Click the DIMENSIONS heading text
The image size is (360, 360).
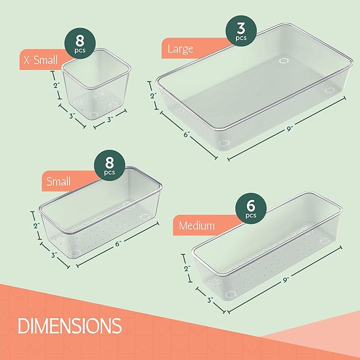[x=69, y=325]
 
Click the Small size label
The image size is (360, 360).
[x=58, y=182]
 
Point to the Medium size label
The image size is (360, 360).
[x=197, y=226]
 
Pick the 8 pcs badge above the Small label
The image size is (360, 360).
[x=109, y=166]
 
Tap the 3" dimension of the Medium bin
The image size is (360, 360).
[x=210, y=301]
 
